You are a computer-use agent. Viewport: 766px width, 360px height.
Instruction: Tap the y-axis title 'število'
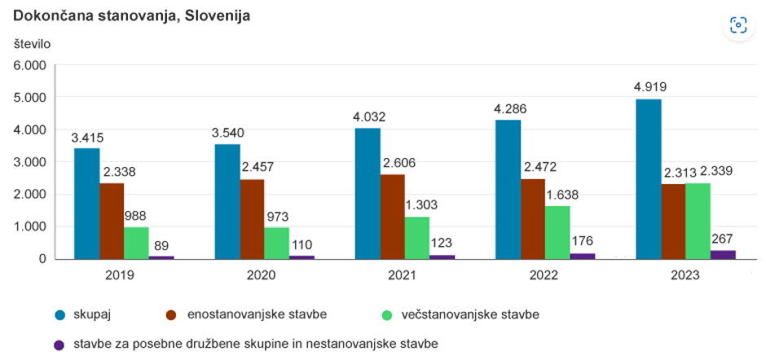(x=32, y=44)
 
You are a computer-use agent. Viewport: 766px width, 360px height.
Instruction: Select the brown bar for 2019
(x=112, y=221)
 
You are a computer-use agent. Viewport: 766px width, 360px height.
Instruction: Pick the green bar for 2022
(x=557, y=232)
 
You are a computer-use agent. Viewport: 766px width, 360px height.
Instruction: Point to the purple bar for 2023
(x=723, y=254)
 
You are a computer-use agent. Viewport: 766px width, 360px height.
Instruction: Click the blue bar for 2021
(x=368, y=194)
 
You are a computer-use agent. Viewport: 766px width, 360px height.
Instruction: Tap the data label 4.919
(x=649, y=87)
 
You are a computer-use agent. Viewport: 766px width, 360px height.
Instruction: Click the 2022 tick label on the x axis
(x=544, y=275)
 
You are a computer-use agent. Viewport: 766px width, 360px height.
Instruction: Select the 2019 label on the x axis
(x=121, y=275)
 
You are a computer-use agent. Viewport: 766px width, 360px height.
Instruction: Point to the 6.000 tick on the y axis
(x=32, y=65)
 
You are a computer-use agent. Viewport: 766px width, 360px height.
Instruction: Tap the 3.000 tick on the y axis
(x=32, y=162)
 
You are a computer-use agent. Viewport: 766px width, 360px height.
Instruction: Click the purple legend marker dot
(x=59, y=345)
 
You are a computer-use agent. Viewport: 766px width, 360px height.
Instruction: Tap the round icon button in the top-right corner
(x=737, y=25)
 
